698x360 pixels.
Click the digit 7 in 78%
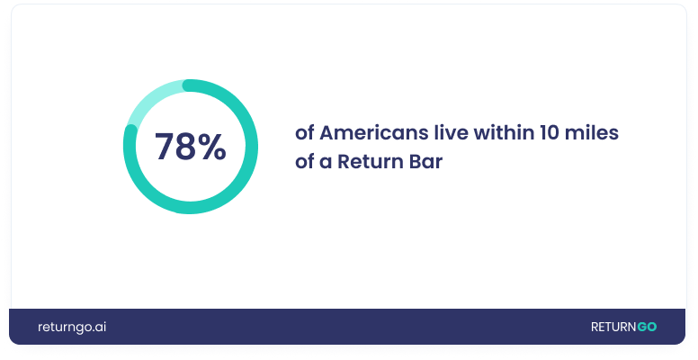[x=165, y=146]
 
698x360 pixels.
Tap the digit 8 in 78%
[x=185, y=146]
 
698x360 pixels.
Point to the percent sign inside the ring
[x=211, y=146]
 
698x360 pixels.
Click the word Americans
[x=374, y=133]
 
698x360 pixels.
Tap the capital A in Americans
[x=327, y=133]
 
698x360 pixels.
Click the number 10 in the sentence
[x=550, y=133]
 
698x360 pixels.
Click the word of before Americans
[x=305, y=133]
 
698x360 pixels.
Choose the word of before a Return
[x=305, y=161]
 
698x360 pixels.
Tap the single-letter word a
[x=326, y=162]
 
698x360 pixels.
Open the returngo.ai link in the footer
[x=72, y=327]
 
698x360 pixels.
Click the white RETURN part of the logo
[x=613, y=327]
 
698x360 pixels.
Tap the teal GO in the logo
[x=647, y=327]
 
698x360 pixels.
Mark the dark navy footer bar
[x=347, y=327]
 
